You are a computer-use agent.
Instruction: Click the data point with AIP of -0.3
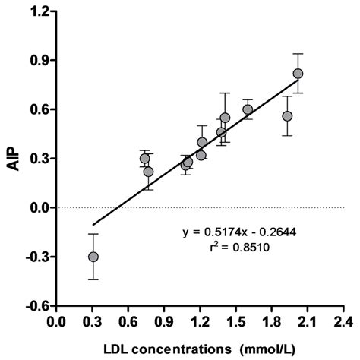click(93, 257)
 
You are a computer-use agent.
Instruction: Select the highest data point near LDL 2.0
click(298, 74)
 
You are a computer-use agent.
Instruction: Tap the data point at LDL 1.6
click(248, 109)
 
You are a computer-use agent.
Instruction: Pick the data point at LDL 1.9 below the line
click(287, 116)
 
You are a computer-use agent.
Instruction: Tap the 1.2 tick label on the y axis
click(39, 11)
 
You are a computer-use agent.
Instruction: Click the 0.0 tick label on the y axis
click(39, 207)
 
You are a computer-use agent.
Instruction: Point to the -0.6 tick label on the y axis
click(37, 306)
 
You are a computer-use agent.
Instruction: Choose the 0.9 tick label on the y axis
click(39, 60)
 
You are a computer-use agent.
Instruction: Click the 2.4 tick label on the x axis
click(344, 322)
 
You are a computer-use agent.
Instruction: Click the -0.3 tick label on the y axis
click(37, 257)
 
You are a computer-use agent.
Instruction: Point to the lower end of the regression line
click(93, 225)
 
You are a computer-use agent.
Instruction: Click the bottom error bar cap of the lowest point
click(93, 279)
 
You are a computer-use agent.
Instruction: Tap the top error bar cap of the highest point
click(298, 54)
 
